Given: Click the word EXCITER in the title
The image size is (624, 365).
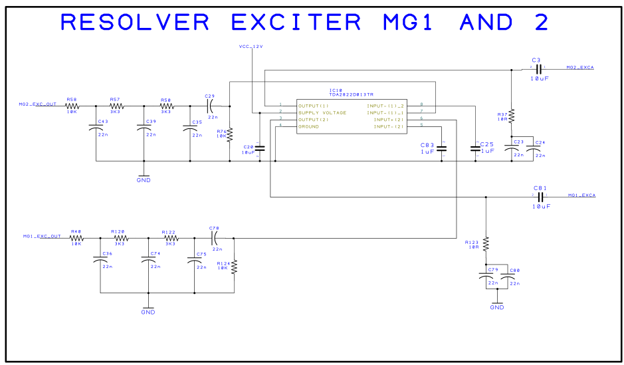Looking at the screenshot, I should (x=296, y=22).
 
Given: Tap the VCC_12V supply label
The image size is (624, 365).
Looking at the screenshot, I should (x=251, y=46).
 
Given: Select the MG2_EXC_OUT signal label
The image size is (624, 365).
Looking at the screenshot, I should (x=37, y=104).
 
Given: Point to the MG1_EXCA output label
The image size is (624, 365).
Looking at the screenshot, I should (x=581, y=195).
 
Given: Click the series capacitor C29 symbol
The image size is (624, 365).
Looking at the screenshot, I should (x=211, y=105).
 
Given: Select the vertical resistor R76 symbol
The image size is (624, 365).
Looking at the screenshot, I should (x=230, y=136).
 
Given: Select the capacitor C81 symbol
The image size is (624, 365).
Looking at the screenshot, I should (x=540, y=197).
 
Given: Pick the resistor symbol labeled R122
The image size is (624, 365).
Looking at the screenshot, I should (x=170, y=237).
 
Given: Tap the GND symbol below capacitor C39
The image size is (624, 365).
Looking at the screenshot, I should (x=143, y=178).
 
